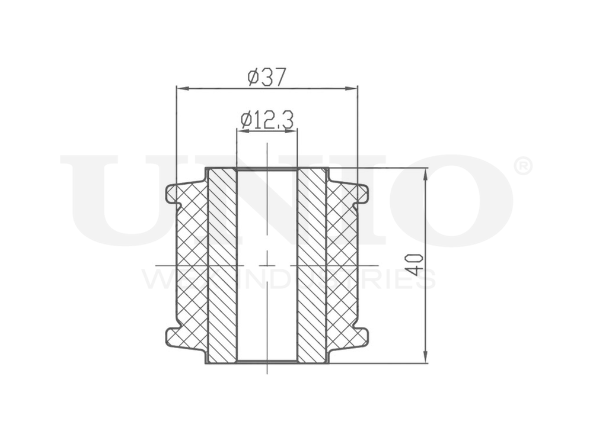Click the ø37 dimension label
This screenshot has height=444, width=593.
click(x=267, y=76)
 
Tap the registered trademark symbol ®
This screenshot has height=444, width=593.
click(x=522, y=166)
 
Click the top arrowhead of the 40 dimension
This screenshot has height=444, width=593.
click(x=426, y=172)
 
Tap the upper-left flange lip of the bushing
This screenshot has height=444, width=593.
click(x=172, y=194)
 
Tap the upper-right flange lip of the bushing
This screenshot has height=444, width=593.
click(x=362, y=194)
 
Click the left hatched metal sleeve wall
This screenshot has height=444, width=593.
click(x=222, y=265)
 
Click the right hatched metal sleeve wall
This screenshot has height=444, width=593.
click(x=312, y=265)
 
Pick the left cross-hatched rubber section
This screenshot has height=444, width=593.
click(x=192, y=265)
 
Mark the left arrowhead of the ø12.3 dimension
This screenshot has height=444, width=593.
click(x=240, y=131)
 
